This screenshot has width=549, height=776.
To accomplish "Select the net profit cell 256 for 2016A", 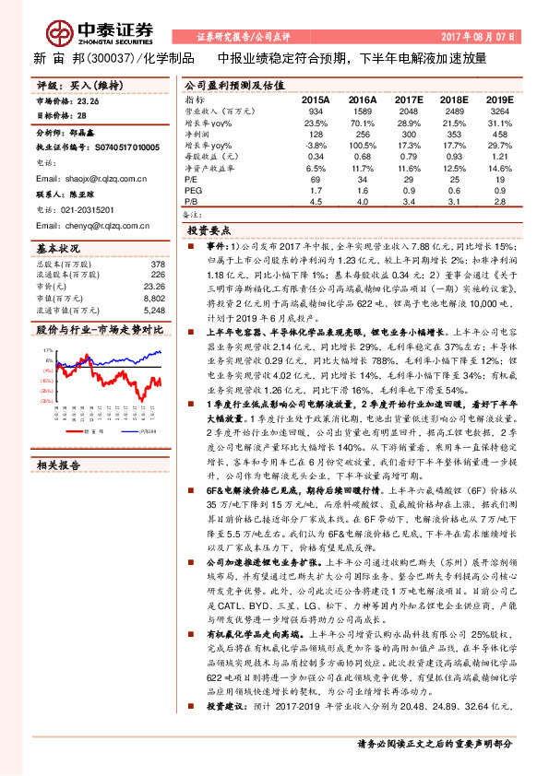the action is click(364, 134).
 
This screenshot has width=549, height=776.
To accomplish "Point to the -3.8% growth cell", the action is click(316, 146).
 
